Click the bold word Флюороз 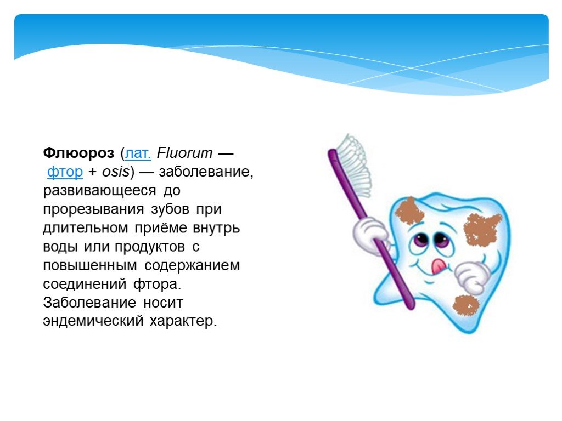78,153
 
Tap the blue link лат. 138,153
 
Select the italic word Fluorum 184,153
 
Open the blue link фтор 65,172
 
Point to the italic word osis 116,172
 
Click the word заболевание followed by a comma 206,172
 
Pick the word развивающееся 100,190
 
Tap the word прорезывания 93,209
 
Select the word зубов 170,209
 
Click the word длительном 85,227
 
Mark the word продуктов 150,247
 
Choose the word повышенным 90,265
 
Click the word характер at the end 183,321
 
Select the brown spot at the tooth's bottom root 466,305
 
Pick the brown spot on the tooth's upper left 409,210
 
